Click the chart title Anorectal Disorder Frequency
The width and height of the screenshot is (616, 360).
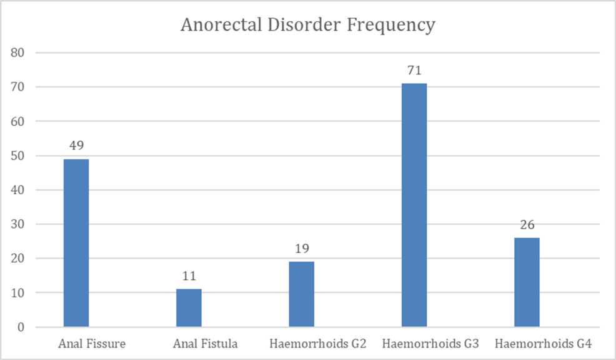(x=307, y=25)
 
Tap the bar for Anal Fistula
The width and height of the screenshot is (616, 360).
(x=189, y=307)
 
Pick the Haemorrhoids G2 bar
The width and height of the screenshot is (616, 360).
(x=302, y=294)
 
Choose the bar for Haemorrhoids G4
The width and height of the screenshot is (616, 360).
(x=527, y=282)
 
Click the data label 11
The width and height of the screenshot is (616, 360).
(x=189, y=277)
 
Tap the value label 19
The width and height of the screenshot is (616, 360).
(x=302, y=249)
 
